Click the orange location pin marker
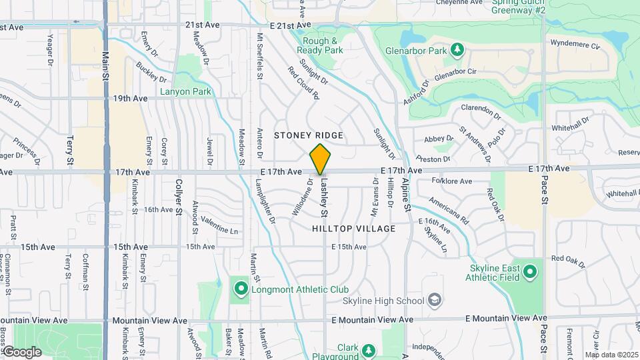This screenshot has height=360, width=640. tap(321, 159)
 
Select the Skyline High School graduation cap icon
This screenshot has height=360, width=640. tap(435, 301)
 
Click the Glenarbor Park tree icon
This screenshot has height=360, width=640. tap(457, 50)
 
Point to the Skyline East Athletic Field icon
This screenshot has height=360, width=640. tap(530, 272)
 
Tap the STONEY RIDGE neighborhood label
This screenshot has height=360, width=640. tap(309, 135)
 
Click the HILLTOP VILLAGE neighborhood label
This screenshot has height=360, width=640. tap(354, 229)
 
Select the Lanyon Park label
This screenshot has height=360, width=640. tap(185, 91)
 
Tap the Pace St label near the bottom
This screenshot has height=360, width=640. tap(544, 333)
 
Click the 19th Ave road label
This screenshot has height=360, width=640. tap(130, 99)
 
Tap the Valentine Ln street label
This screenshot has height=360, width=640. tap(219, 226)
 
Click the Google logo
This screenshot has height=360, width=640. tap(21, 351)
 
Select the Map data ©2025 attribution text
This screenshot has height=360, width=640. tap(611, 355)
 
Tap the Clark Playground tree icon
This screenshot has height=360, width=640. tap(367, 349)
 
